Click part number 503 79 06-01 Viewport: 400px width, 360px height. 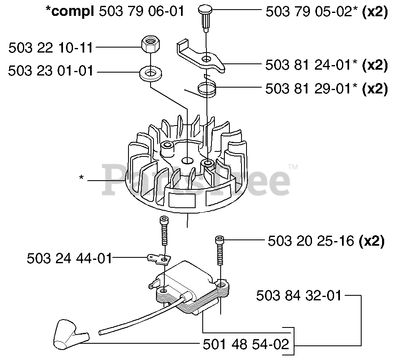point(141,11)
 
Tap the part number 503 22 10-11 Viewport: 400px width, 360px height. point(50,48)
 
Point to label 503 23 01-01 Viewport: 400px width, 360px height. point(50,71)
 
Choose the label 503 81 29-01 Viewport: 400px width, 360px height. point(311,89)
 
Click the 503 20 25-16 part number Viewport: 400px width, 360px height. point(311,241)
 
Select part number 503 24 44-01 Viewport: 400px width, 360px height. point(69,259)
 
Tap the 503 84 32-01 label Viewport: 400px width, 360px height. point(299,296)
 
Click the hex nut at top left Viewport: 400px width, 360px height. point(149,43)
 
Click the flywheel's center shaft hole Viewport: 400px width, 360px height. point(186,160)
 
